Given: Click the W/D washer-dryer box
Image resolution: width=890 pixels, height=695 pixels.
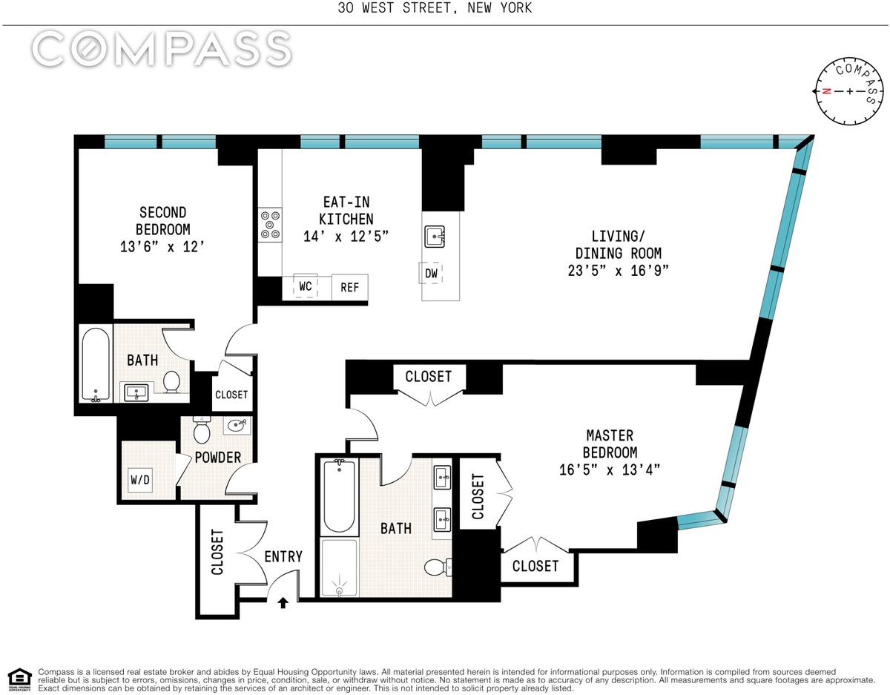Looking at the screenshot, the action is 140,480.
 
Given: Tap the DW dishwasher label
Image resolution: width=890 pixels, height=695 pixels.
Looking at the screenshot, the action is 431,273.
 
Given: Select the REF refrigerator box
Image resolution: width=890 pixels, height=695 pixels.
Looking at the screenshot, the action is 350,287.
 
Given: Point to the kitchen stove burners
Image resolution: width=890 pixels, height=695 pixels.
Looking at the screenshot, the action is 270,225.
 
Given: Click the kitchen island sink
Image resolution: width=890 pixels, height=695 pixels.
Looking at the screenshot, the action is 435,237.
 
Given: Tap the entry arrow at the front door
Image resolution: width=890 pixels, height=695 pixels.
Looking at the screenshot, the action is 283,603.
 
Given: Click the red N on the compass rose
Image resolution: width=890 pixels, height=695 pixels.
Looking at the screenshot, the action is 827,91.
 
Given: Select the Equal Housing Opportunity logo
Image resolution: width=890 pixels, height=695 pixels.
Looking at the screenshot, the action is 19,680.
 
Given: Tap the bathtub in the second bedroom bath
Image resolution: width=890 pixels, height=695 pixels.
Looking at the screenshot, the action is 96,364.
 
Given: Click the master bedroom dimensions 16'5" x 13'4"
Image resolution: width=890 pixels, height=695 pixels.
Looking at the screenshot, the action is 610,470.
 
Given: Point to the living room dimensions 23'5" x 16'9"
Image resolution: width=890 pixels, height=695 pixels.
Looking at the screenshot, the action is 618,271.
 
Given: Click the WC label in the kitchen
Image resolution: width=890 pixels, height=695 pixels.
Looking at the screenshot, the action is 306,286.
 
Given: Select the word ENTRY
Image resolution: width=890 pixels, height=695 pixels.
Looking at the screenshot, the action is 283,556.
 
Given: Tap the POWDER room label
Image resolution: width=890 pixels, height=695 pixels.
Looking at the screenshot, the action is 218,458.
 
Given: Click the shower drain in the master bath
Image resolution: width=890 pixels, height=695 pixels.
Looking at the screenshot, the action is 339,590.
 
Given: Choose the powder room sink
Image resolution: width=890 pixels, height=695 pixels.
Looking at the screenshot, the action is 237,425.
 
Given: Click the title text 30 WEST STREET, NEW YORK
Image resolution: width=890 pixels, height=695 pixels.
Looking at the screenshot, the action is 435,8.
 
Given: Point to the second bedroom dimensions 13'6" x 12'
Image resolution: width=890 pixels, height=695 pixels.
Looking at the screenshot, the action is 162,246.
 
